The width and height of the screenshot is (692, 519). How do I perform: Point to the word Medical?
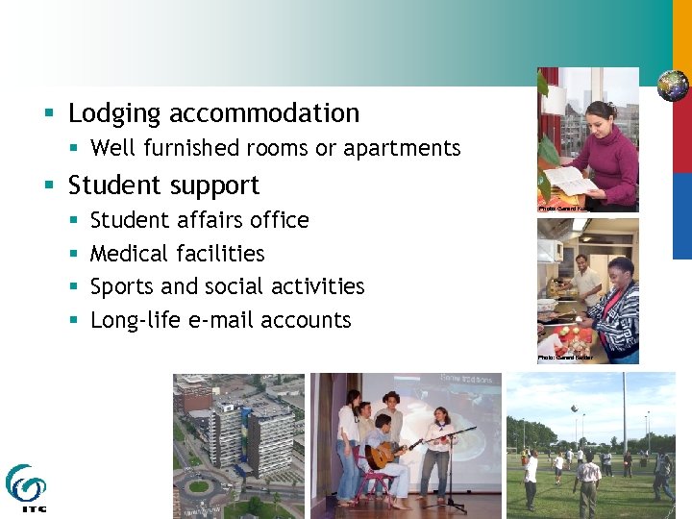point(129,254)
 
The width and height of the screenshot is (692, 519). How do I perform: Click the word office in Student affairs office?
point(280,220)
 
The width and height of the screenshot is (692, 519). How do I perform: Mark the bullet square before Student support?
point(48,185)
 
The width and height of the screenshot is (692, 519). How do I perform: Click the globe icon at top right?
point(673,86)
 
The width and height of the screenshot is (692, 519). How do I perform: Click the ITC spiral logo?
point(25,484)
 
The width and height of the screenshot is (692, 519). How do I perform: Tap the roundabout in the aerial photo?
point(199,485)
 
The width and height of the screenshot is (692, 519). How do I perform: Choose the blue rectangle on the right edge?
point(681,215)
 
